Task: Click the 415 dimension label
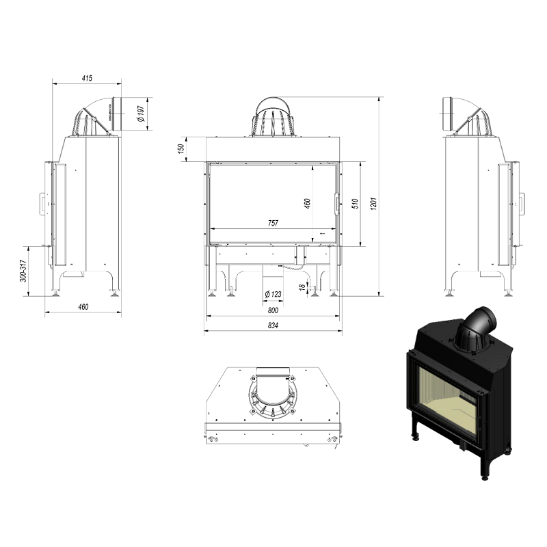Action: (x=87, y=78)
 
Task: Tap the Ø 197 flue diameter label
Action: (x=142, y=114)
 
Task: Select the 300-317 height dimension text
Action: (x=23, y=271)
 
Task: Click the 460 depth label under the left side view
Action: (x=83, y=307)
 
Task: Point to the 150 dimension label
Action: (x=181, y=149)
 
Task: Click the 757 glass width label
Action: (x=273, y=223)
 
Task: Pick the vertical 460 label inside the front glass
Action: (x=307, y=203)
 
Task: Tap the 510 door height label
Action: (x=355, y=203)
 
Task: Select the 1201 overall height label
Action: (x=373, y=203)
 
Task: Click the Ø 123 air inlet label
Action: (x=273, y=294)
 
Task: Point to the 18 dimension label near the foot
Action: (x=302, y=287)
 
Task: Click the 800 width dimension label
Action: (x=273, y=310)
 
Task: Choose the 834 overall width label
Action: (x=273, y=325)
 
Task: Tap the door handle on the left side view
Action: (x=42, y=202)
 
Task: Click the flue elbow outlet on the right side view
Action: (x=448, y=114)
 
